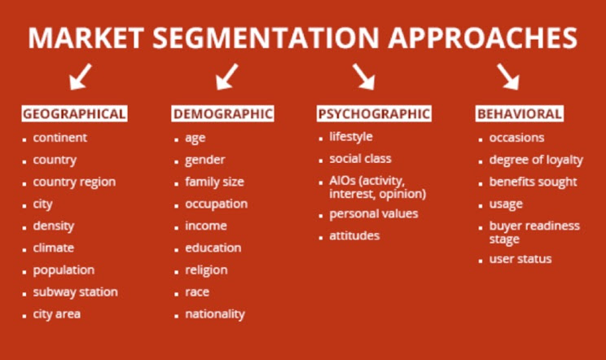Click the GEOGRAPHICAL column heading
tap(74, 114)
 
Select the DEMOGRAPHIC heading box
tap(222, 114)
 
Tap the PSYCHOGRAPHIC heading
tap(373, 114)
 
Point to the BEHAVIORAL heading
tap(519, 114)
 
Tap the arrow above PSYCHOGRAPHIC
tap(363, 77)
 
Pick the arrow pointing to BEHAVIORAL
tap(508, 77)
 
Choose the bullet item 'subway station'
tap(75, 292)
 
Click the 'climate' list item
tap(53, 248)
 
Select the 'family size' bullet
tap(214, 182)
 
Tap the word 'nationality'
tap(214, 314)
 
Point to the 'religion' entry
tap(206, 270)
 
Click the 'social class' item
tap(360, 159)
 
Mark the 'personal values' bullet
tap(373, 213)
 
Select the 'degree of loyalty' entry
tap(536, 160)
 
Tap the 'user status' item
tap(520, 259)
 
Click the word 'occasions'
tap(516, 138)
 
